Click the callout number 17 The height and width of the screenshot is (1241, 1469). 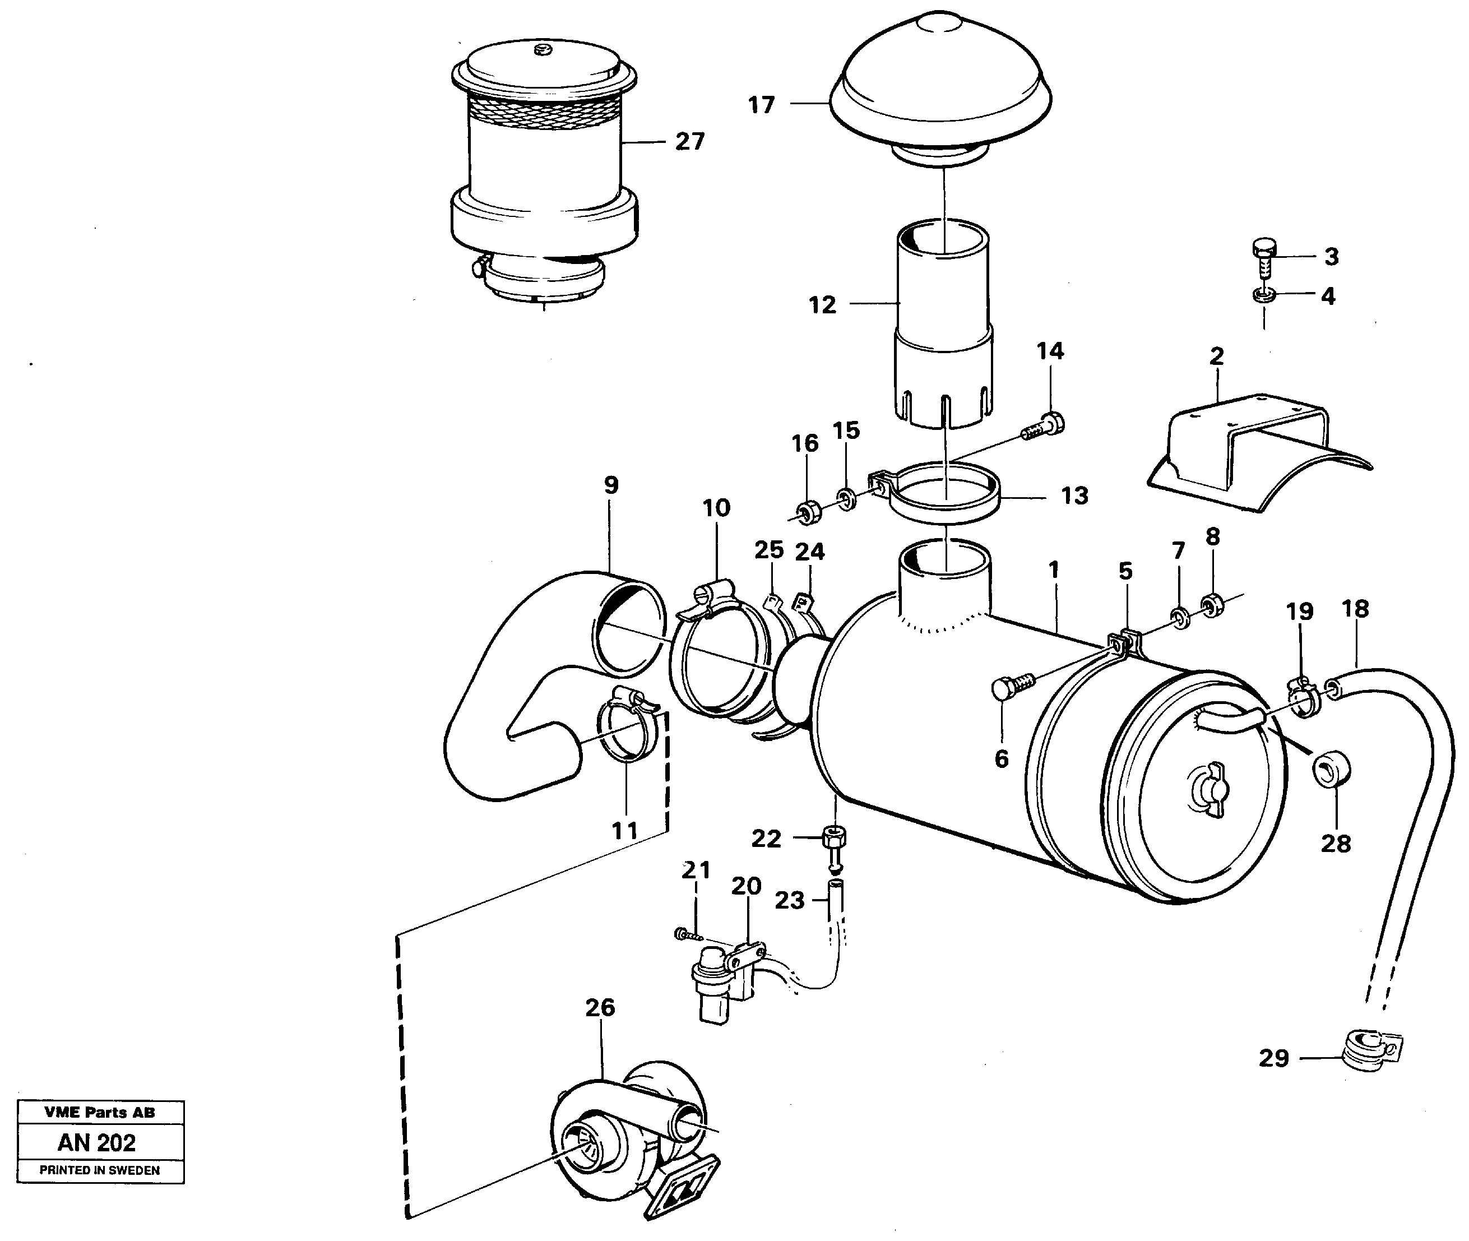coord(761,105)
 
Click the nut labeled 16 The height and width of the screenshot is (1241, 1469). coord(809,511)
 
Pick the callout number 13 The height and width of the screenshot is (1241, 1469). coord(1074,496)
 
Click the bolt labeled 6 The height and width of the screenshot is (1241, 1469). coord(1012,686)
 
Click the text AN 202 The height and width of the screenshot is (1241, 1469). coord(96,1142)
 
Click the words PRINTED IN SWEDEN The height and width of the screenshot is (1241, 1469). coord(99,1170)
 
